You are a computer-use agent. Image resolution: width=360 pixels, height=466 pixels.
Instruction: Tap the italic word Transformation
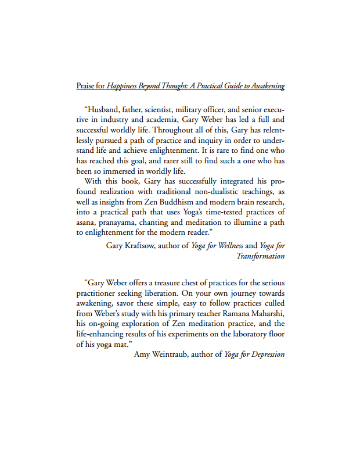tap(261, 256)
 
